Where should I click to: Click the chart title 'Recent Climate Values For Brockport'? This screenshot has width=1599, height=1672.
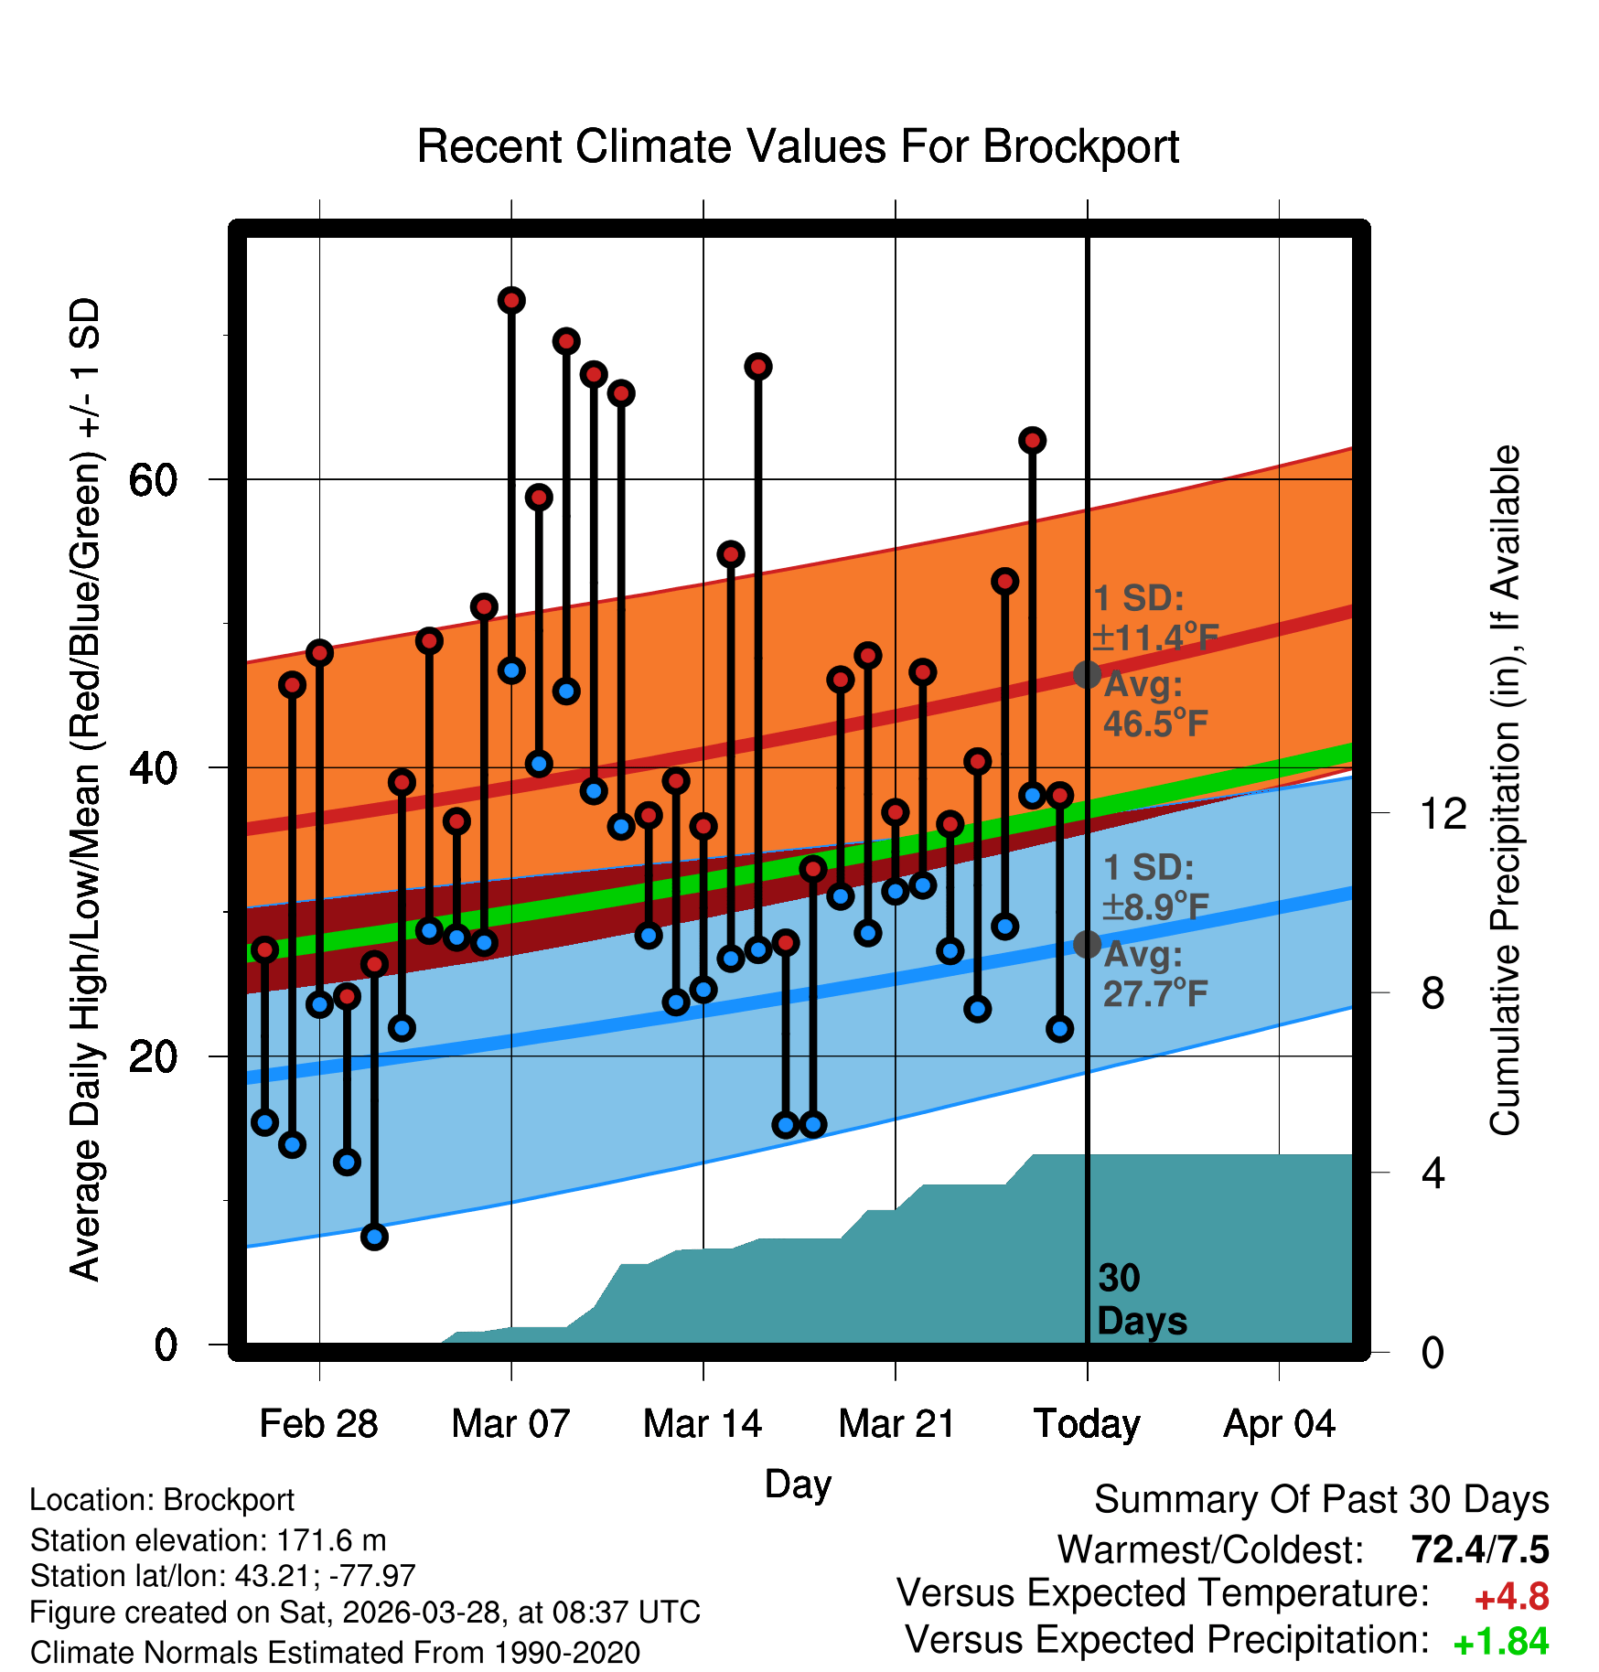click(798, 146)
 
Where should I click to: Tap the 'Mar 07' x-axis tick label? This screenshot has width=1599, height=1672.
click(510, 1424)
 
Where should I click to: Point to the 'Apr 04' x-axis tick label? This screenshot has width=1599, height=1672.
click(1279, 1424)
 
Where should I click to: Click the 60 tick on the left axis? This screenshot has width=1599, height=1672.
click(153, 479)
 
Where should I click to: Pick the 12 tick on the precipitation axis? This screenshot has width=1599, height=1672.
click(1443, 813)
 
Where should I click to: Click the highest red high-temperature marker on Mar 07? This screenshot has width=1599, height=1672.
click(511, 300)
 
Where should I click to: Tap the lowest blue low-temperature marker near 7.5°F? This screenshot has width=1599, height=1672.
click(374, 1237)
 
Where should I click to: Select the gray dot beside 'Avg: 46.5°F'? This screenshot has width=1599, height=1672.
click(1087, 675)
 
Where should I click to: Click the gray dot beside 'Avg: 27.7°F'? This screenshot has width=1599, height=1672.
click(1087, 944)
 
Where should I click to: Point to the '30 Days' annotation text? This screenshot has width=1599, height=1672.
click(1142, 1300)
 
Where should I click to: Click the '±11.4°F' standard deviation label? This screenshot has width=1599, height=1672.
click(1155, 637)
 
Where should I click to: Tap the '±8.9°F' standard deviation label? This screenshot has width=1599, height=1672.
click(1155, 906)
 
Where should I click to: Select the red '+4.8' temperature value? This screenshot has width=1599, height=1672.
click(1511, 1597)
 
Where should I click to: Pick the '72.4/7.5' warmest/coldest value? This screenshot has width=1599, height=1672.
click(1480, 1549)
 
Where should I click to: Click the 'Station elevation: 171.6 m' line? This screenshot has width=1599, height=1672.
click(209, 1540)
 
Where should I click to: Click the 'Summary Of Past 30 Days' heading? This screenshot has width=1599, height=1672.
click(1322, 1500)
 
